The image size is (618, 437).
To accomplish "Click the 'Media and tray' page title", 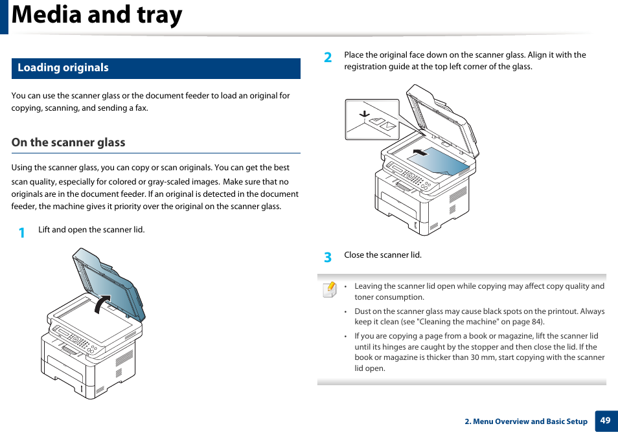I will (97, 16).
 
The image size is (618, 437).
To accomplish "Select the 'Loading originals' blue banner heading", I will (63, 68).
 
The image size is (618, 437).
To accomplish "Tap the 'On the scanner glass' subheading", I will (68, 142).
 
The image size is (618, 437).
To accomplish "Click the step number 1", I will (21, 232).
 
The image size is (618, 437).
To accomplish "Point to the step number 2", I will (328, 58).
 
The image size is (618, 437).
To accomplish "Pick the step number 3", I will (328, 257).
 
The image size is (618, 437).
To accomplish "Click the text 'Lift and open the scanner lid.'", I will (91, 230).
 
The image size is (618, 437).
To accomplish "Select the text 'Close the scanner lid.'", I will (383, 255).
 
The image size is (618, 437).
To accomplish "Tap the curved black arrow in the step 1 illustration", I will (102, 303).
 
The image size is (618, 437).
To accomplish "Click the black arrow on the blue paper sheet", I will (420, 152).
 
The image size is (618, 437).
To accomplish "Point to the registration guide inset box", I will (372, 119).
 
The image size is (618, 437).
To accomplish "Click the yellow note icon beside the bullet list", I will (329, 289).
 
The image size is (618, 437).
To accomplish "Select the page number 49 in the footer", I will (605, 421).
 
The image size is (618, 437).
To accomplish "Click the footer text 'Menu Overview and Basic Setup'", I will (530, 421).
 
